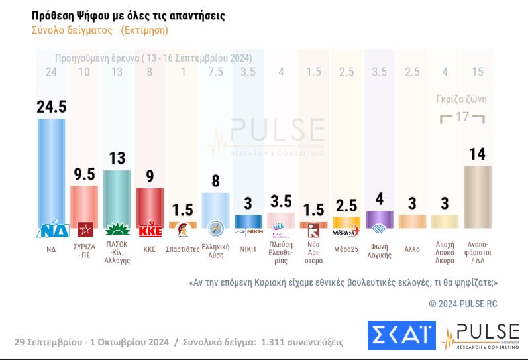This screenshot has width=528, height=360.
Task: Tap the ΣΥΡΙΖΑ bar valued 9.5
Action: (x=84, y=206)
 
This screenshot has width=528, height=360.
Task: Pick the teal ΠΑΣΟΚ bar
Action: (x=117, y=198)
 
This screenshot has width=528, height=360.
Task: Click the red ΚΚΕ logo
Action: (x=150, y=231)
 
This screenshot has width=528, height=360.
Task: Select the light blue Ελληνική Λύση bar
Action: (x=215, y=209)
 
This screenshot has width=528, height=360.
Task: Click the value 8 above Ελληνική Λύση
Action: (x=215, y=181)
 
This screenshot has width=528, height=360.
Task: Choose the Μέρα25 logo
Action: (x=346, y=231)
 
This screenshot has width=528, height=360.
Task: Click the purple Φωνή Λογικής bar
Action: (x=380, y=219)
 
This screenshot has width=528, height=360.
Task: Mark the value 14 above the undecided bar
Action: (x=478, y=154)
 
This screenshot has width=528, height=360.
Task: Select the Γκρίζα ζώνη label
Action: (x=461, y=99)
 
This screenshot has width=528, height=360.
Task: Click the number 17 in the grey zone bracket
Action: (x=462, y=117)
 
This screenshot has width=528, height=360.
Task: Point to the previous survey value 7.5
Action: (x=215, y=72)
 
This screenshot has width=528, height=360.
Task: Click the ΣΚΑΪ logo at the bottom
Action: (x=401, y=335)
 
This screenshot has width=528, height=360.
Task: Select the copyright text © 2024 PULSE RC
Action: (x=463, y=303)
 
